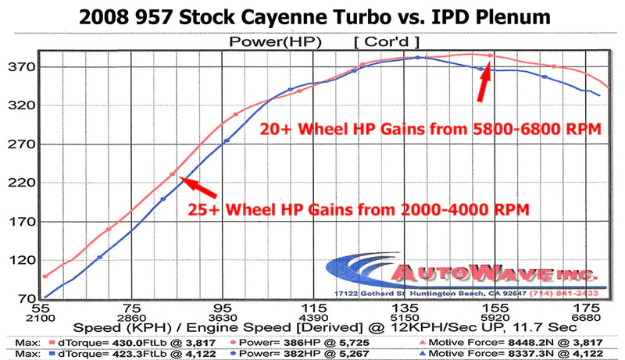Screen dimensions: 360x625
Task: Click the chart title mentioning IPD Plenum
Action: pyautogui.click(x=312, y=16)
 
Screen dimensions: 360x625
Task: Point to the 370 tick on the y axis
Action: pyautogui.click(x=20, y=67)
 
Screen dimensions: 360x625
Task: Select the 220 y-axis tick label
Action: pyautogui.click(x=20, y=183)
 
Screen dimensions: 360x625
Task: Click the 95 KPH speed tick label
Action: pyautogui.click(x=226, y=308)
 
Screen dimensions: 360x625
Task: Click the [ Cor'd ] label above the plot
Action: pyautogui.click(x=387, y=41)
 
